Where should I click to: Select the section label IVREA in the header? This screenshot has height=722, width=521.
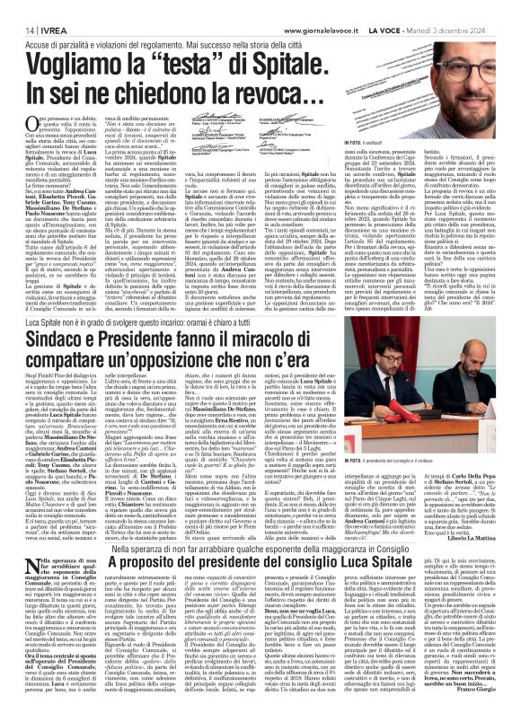44,6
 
